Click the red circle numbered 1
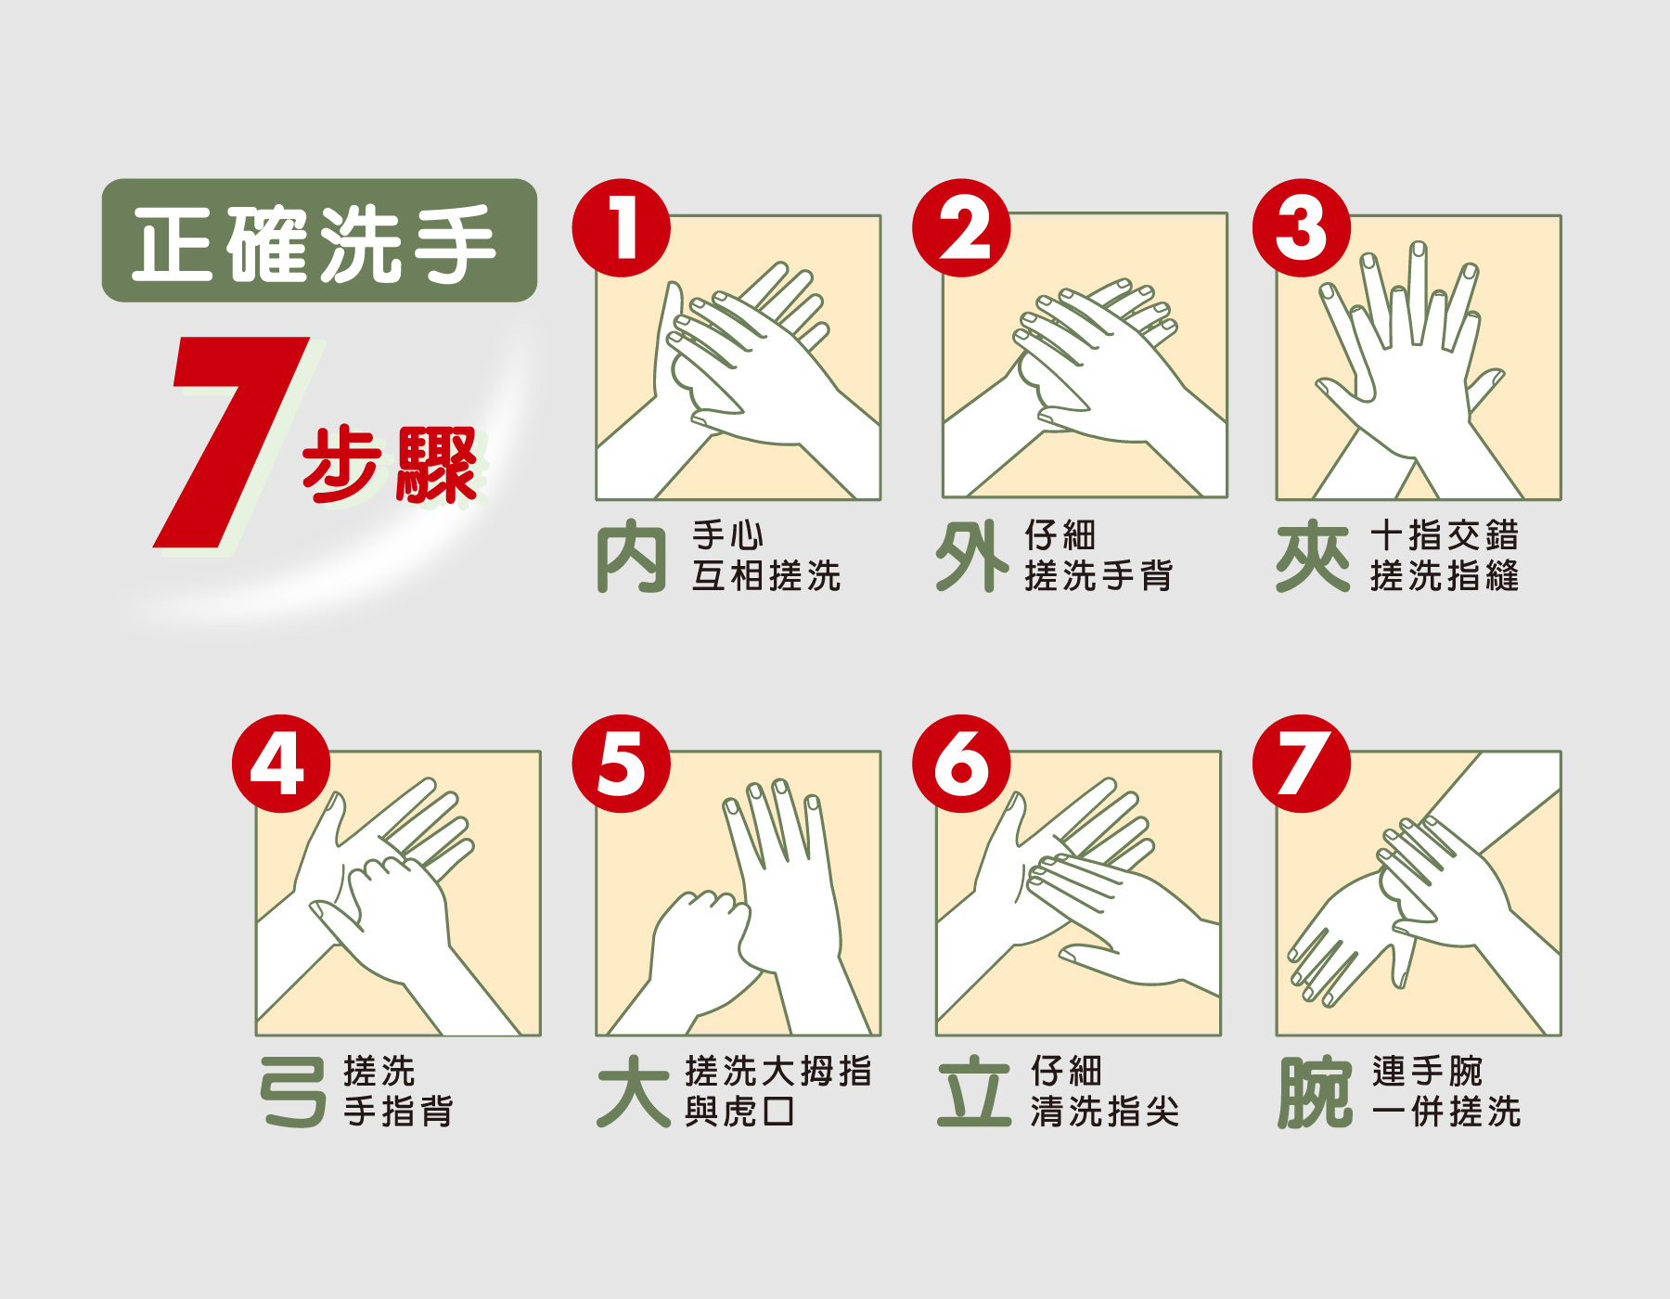point(621,228)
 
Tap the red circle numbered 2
point(961,228)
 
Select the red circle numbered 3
point(1302,228)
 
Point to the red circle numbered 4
point(281,764)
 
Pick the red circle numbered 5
point(621,764)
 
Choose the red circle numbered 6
point(961,764)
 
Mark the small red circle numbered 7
point(1302,764)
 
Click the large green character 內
point(631,557)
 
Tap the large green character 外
point(971,556)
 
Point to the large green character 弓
point(293,1092)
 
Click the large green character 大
point(634,1092)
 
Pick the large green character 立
point(974,1093)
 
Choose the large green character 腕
point(1315,1092)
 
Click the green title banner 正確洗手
point(319,240)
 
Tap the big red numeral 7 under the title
point(231,442)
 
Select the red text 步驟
point(390,465)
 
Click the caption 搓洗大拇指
point(778,1071)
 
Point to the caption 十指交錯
point(1445,535)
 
